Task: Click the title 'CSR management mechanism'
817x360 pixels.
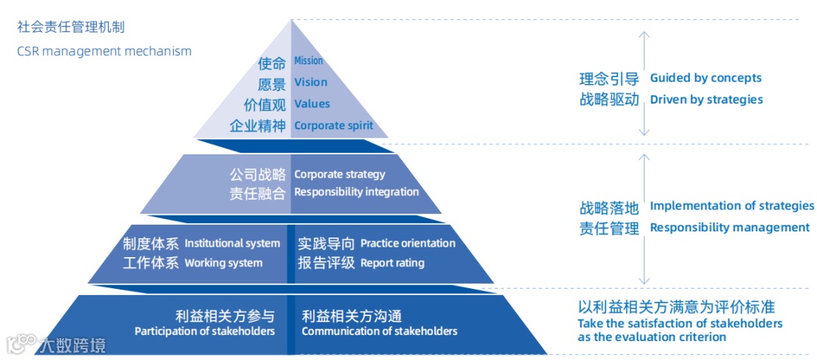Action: click(x=104, y=51)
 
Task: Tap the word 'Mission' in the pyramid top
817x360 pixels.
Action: click(x=309, y=61)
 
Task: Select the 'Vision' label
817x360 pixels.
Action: click(x=311, y=82)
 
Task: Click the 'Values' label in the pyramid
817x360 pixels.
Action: click(x=312, y=104)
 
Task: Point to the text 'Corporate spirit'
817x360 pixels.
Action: click(x=334, y=126)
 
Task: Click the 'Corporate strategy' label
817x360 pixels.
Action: click(x=340, y=174)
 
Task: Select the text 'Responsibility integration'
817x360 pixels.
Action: click(x=356, y=192)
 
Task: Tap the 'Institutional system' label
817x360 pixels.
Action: click(x=232, y=244)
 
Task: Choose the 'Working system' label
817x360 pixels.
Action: click(x=223, y=263)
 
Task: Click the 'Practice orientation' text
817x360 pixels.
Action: click(x=408, y=244)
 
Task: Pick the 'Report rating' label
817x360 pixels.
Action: click(x=392, y=263)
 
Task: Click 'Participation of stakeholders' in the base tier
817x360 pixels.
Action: click(x=204, y=331)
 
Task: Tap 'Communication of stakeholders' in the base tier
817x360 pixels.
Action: click(x=380, y=331)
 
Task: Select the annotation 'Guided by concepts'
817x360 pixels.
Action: click(x=706, y=78)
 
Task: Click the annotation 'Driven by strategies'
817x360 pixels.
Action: click(x=707, y=100)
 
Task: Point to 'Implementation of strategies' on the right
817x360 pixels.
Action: click(x=732, y=206)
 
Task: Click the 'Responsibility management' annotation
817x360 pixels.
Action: click(x=730, y=228)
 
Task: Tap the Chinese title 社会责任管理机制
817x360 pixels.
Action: click(x=71, y=27)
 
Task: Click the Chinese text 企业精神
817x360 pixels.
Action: click(x=258, y=126)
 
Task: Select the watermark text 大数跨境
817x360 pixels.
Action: click(x=73, y=346)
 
